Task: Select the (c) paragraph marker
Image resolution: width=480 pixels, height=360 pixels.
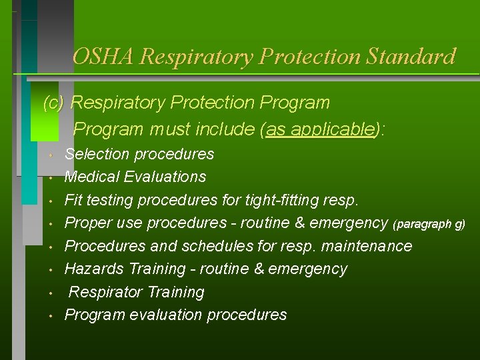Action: [x=54, y=103]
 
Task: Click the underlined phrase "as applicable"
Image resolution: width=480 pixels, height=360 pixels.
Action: [x=319, y=129]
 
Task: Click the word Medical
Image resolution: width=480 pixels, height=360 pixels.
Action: [x=91, y=177]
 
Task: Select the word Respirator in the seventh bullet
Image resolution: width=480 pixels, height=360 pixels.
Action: [x=104, y=292]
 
